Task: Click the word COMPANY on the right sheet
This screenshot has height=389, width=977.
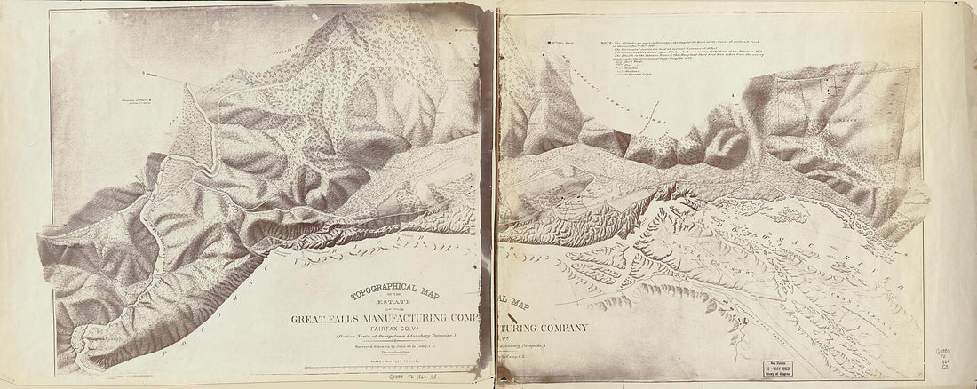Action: coord(560,329)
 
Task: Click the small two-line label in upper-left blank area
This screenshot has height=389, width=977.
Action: coord(131,113)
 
